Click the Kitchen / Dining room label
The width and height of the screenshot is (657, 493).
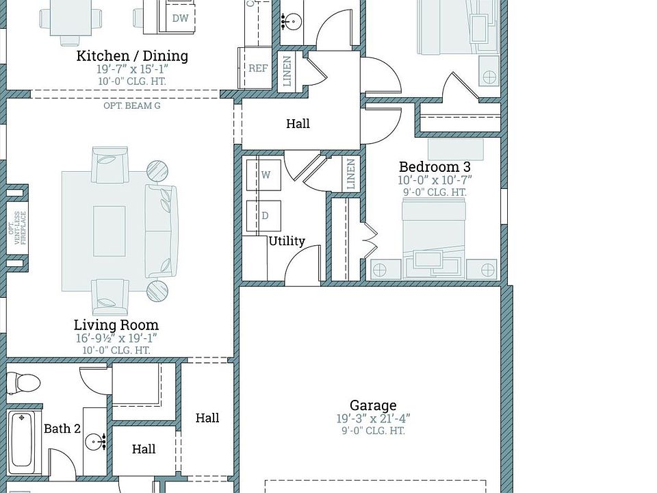pyautogui.click(x=132, y=56)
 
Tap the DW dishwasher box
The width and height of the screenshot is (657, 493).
pyautogui.click(x=180, y=18)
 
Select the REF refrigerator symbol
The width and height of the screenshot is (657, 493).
pyautogui.click(x=258, y=68)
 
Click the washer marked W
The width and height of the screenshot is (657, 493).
pyautogui.click(x=266, y=175)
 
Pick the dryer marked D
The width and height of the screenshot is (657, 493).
pyautogui.click(x=265, y=216)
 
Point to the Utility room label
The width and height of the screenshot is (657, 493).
pyautogui.click(x=287, y=241)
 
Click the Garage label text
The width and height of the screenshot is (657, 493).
pyautogui.click(x=373, y=405)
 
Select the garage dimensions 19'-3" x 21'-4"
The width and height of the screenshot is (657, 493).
pyautogui.click(x=373, y=418)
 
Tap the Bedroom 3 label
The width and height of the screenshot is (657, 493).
pyautogui.click(x=435, y=167)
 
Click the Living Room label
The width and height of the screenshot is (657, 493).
pyautogui.click(x=116, y=325)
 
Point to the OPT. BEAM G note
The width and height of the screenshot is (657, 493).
pyautogui.click(x=132, y=106)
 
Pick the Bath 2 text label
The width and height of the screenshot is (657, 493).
pyautogui.click(x=62, y=429)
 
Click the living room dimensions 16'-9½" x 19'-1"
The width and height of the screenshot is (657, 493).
pyautogui.click(x=116, y=338)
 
